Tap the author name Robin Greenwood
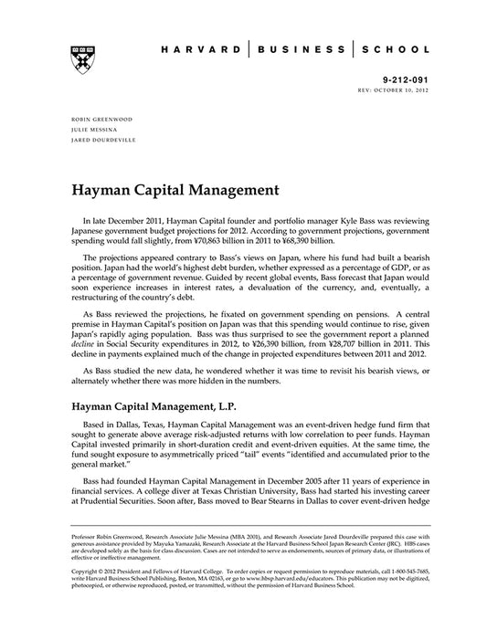(x=97, y=120)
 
